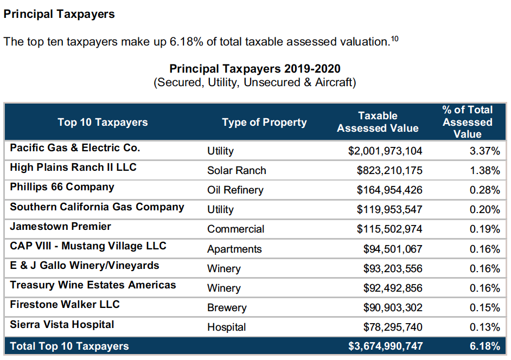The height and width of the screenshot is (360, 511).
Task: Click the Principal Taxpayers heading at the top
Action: coord(59,14)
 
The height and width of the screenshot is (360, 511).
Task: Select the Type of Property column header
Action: coord(264,122)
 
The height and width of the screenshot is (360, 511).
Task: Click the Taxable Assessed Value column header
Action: coord(378,122)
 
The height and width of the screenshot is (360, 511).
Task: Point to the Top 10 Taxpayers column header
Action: coord(103,122)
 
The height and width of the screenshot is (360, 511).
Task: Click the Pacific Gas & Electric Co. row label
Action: coord(75,147)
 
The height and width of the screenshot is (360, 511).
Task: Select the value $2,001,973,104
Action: coord(385,151)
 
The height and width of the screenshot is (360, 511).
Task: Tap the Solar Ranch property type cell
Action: coord(237,170)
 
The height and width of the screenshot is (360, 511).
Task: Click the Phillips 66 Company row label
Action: coord(62,187)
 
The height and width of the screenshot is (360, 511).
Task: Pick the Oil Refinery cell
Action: coord(235,190)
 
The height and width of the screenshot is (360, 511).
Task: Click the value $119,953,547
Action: coord(389,209)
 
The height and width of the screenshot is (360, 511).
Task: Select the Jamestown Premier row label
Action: coord(60,226)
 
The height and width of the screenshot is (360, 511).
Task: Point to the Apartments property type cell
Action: coord(234,249)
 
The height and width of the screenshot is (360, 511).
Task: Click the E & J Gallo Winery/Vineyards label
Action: coord(85,265)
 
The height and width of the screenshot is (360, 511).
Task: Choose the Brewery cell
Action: coord(227,307)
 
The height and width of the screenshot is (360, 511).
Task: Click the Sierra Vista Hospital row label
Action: coord(62,324)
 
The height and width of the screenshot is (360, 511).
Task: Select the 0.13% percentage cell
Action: coord(485,327)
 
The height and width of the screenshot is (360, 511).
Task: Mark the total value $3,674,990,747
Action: coord(385,346)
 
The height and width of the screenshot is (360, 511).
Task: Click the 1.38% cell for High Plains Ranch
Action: coord(485,170)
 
